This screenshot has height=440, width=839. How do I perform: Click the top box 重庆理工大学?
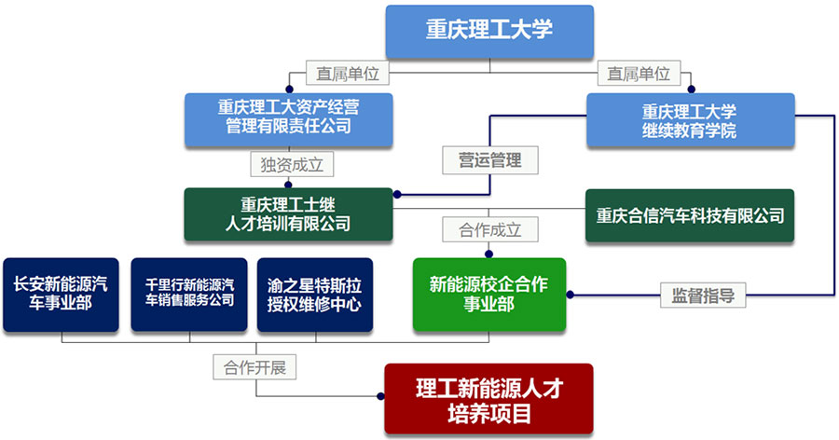[x=489, y=31]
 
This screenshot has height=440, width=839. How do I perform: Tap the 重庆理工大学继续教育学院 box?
[x=690, y=120]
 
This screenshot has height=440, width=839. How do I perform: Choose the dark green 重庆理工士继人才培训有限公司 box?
[x=288, y=213]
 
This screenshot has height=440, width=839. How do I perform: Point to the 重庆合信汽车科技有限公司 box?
[x=690, y=215]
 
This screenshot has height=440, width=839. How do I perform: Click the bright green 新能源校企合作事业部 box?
[x=489, y=295]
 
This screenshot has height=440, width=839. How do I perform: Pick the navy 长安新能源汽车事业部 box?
[x=61, y=295]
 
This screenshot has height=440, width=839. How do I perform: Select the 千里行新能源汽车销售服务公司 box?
[x=189, y=295]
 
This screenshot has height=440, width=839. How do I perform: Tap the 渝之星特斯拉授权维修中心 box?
[x=315, y=295]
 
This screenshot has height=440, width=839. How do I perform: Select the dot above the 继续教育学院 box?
[x=691, y=90]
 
